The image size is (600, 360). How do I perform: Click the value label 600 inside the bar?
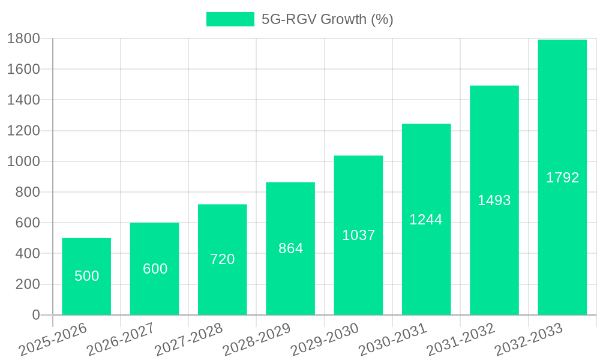[155, 269]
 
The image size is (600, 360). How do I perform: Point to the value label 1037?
[358, 235]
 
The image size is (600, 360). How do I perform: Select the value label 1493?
[494, 200]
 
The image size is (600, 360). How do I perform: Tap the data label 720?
[222, 259]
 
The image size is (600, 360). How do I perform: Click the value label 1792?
[562, 178]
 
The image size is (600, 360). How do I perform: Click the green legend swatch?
[230, 19]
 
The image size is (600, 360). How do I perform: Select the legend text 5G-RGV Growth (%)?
[327, 19]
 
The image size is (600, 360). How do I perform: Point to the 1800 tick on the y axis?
[23, 38]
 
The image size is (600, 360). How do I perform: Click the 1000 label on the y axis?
[23, 161]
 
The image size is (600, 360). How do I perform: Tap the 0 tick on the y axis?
[35, 315]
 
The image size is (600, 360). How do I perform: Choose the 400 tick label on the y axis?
[27, 253]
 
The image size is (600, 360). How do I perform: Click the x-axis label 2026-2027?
[121, 340]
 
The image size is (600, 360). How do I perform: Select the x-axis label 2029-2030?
[325, 340]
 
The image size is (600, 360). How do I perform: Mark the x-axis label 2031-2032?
[461, 340]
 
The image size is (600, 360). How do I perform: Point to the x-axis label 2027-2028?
[188, 340]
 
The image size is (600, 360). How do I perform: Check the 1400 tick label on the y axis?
[23, 100]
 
